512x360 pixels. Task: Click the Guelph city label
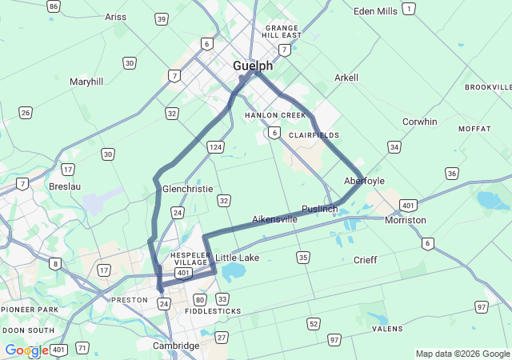coord(253,66)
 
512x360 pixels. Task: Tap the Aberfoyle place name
coord(364,181)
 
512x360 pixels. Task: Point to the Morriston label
coord(405,220)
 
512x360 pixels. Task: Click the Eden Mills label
coord(375,11)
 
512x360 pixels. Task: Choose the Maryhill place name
coord(86,82)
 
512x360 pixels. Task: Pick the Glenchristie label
coord(187,189)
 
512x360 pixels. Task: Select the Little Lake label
coord(238,258)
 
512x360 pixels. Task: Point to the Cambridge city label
coord(176,346)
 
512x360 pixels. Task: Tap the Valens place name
coord(388,328)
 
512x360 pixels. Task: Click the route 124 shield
coord(214,147)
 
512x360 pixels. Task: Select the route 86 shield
coord(54,6)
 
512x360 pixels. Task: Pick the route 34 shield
coord(394,147)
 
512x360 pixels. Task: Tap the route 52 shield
coord(313,323)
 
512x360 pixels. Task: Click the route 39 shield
coord(162,18)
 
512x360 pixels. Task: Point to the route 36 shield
coord(453,174)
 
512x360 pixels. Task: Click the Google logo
coord(26,350)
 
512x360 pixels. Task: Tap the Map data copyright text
coord(462,354)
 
